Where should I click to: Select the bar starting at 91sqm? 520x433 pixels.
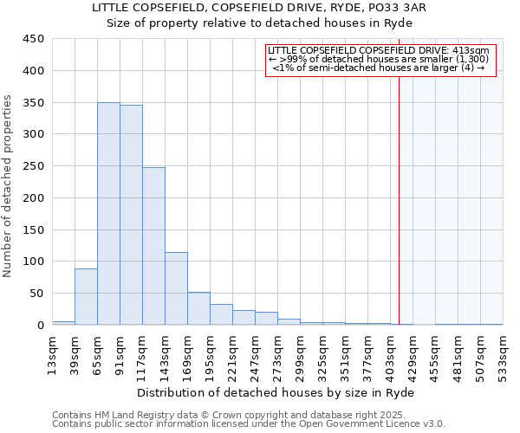(131, 216)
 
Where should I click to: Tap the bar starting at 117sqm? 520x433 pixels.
(153, 246)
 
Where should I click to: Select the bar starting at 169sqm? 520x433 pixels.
(198, 309)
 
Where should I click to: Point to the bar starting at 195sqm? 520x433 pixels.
(221, 315)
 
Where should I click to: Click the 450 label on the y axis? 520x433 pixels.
(34, 39)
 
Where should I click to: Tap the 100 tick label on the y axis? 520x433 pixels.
(34, 262)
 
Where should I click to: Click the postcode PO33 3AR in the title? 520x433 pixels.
(394, 8)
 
